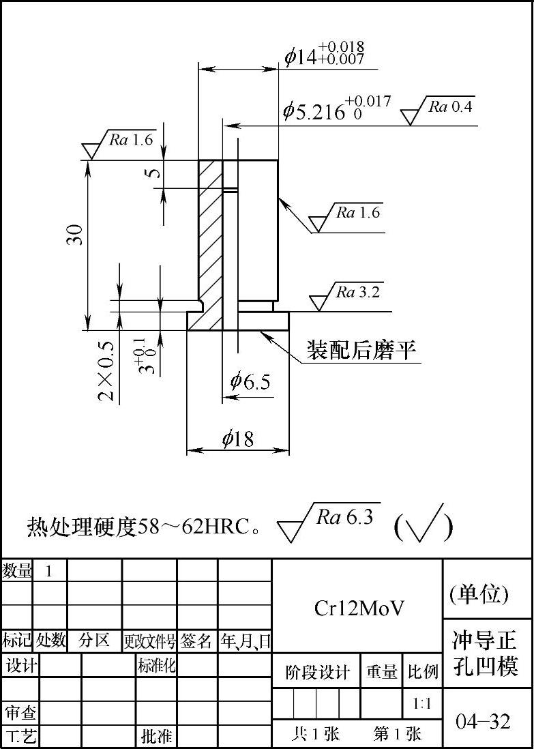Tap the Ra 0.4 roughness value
coord(450,106)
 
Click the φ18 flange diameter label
coord(238,439)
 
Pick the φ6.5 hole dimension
coord(250,381)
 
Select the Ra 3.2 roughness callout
coord(357,293)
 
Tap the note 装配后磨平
coord(361,350)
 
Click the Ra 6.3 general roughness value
coord(345,517)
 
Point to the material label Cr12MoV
coord(359,608)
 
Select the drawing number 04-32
coord(483,721)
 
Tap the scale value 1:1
coord(422,703)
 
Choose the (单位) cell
coord(479,595)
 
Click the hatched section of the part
coord(210,239)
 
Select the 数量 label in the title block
coord(17,571)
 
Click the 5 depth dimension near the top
coord(156,173)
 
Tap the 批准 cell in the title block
coord(156,737)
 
